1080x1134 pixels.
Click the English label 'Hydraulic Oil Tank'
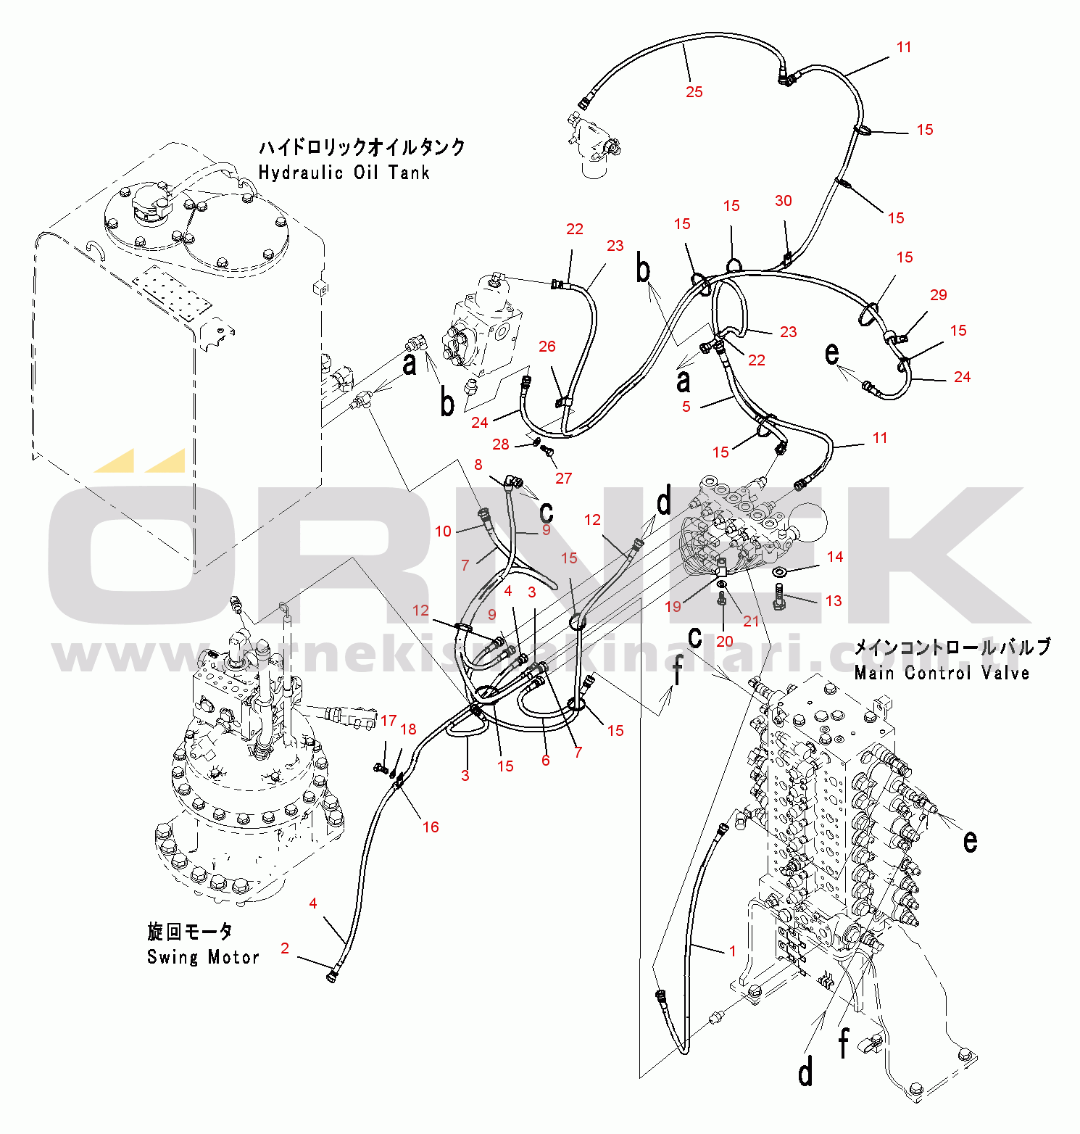pos(344,173)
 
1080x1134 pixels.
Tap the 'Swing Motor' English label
pos(203,957)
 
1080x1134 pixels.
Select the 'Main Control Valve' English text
pos(942,673)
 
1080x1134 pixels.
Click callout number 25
pos(694,92)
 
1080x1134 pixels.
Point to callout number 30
pos(784,201)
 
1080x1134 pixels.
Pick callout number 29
pos(939,295)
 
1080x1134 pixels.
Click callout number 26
pos(547,347)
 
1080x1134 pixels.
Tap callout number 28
pos(501,444)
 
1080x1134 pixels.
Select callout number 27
pos(564,479)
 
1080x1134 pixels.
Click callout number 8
pos(478,465)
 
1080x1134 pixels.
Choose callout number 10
pos(444,531)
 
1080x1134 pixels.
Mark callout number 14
pos(835,557)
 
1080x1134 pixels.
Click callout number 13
pos(834,601)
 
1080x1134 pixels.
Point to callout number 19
pos(673,606)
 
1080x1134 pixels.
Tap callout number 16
pos(431,827)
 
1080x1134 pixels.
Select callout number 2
pos(285,948)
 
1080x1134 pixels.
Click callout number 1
pos(733,951)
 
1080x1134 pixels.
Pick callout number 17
pos(389,721)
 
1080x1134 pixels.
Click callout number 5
pos(686,407)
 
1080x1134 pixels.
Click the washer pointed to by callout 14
pos(780,573)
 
